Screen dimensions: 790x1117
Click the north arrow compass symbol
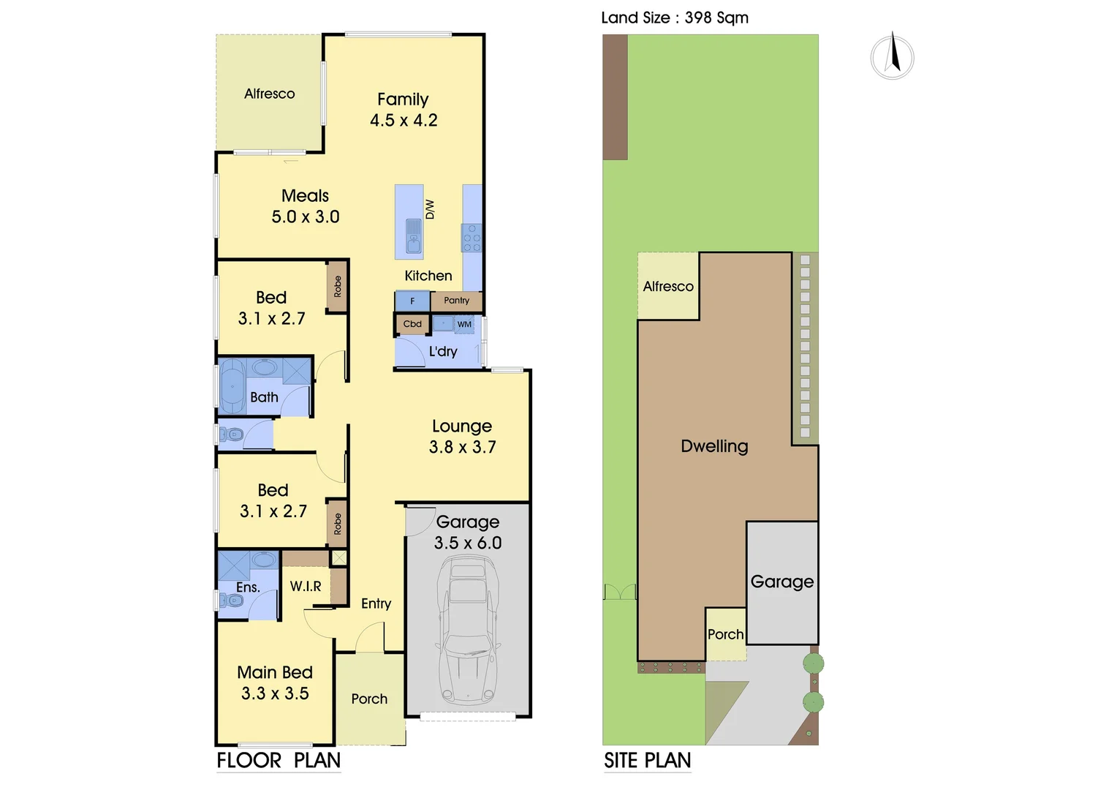(x=892, y=56)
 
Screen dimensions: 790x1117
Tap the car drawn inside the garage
(x=468, y=629)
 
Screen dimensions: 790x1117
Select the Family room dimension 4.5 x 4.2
(x=404, y=121)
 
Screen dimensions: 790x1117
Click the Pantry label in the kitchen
(x=456, y=301)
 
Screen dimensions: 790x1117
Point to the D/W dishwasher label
(x=430, y=209)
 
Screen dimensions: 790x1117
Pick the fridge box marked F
(x=412, y=301)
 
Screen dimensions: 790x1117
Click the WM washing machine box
(x=464, y=324)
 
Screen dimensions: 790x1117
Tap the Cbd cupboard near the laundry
(x=412, y=324)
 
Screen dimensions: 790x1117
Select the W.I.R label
(x=306, y=586)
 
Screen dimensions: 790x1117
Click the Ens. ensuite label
(x=248, y=587)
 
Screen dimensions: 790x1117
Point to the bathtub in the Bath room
(x=232, y=387)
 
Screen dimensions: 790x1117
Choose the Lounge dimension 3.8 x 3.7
(x=462, y=447)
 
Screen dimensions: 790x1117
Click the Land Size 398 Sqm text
(x=674, y=18)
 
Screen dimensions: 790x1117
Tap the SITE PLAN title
(x=647, y=761)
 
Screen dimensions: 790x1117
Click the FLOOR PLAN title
(x=279, y=761)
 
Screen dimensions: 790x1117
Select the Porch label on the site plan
(x=725, y=634)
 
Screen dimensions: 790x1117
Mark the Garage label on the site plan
(x=781, y=582)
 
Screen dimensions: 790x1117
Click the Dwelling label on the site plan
(x=714, y=446)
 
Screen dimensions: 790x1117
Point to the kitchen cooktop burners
(x=472, y=238)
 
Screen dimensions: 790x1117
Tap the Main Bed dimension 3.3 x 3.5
(x=275, y=693)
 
